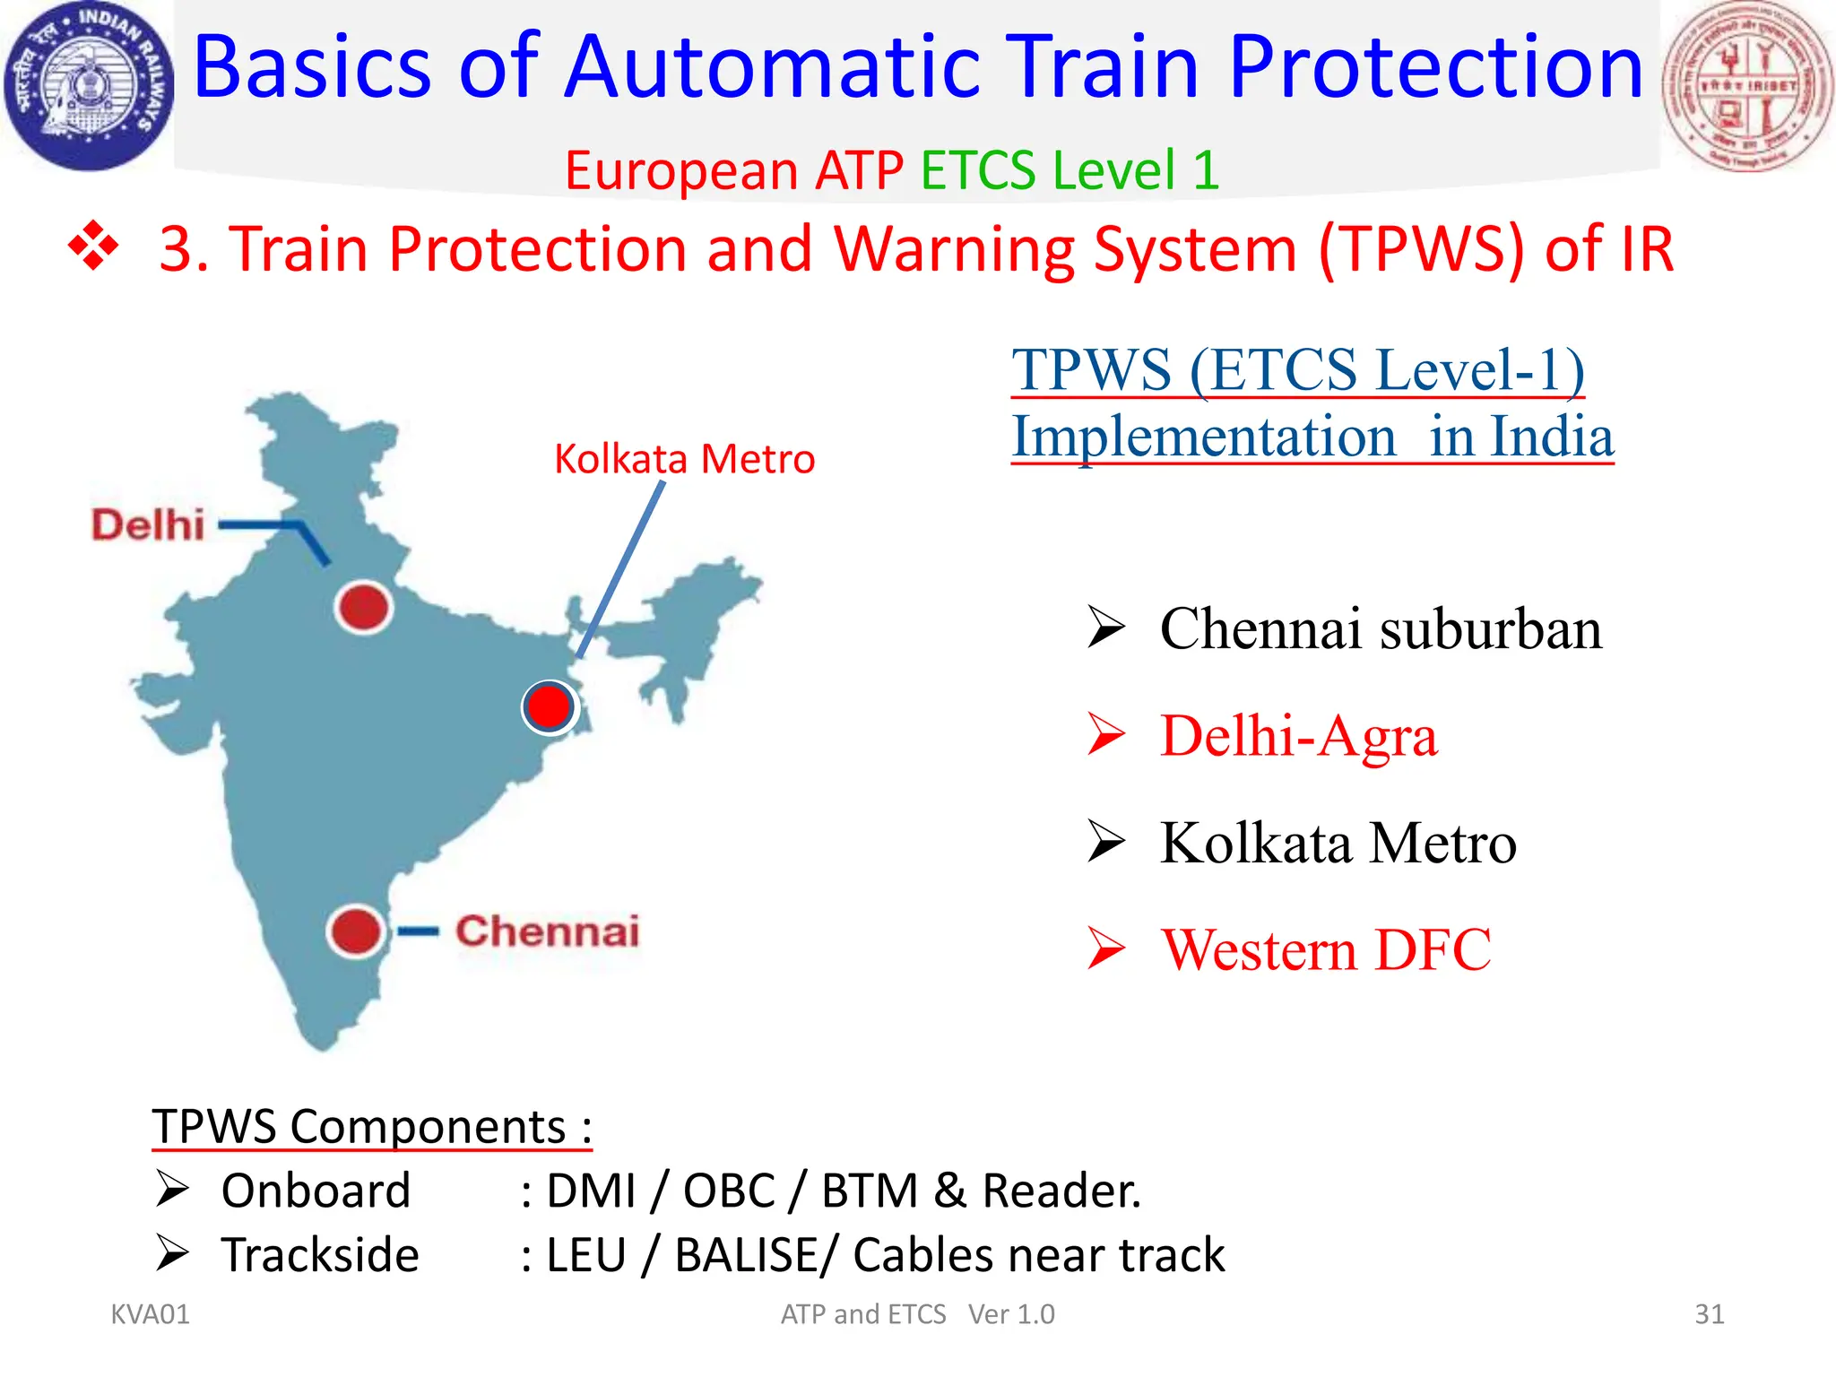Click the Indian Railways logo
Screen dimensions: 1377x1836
point(88,86)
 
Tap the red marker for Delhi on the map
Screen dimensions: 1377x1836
point(363,607)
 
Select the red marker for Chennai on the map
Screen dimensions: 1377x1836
point(355,931)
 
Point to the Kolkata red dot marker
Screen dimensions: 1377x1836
point(549,707)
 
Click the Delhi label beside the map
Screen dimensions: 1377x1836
point(148,524)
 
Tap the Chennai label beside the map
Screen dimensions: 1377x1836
point(547,931)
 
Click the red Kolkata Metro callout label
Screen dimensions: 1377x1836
point(684,459)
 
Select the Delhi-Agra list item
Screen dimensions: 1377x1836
point(1297,736)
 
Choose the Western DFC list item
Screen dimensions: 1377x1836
point(1325,949)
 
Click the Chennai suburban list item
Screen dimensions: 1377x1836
point(1380,628)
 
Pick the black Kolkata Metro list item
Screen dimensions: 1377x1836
point(1338,843)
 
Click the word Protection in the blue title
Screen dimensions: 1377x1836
point(1435,67)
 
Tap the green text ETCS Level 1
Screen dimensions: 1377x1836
point(1070,169)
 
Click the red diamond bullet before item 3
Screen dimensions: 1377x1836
point(93,247)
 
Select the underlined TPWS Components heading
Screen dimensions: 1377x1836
point(371,1126)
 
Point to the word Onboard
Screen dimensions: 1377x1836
point(316,1191)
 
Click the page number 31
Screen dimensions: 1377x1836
point(1709,1314)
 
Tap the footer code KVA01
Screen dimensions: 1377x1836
point(150,1314)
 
